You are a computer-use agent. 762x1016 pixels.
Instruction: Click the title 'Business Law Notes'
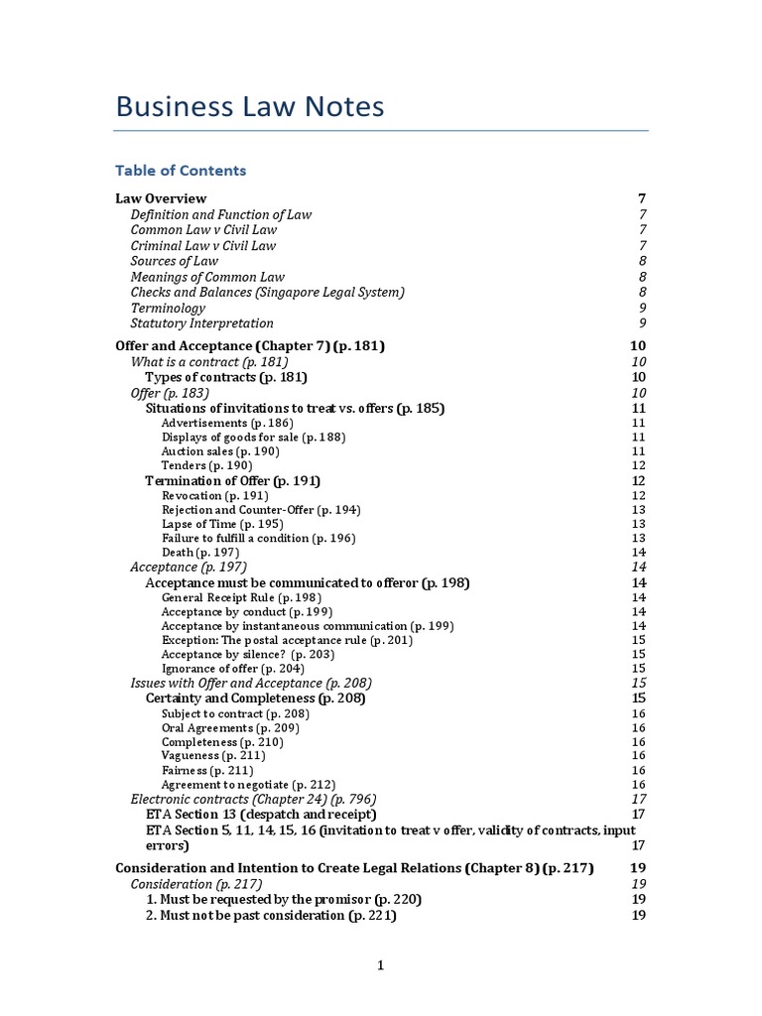[250, 106]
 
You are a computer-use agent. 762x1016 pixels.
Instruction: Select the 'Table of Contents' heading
[181, 171]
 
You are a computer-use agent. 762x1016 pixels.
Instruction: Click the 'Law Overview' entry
[161, 198]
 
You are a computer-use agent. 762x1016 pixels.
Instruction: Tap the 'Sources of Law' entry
[175, 261]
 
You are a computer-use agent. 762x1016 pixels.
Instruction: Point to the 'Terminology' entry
[168, 308]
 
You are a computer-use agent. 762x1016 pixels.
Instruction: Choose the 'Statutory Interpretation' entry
[202, 323]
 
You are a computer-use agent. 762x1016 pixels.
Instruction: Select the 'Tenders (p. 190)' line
[206, 465]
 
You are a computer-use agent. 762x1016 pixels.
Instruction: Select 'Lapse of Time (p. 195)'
[222, 524]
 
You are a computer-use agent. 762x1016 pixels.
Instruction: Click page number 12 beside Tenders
[638, 465]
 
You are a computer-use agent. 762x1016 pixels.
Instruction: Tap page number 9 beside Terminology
[643, 308]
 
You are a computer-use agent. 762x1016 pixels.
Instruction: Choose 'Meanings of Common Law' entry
[207, 277]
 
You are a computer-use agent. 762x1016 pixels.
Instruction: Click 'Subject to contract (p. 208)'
[235, 713]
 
